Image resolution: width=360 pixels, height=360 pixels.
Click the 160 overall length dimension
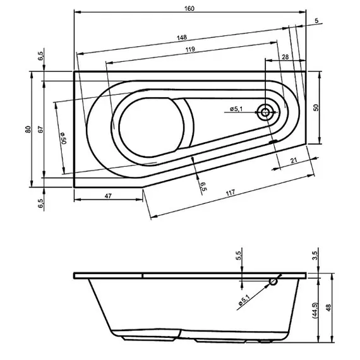pyautogui.click(x=189, y=8)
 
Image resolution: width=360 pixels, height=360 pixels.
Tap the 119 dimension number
pyautogui.click(x=189, y=49)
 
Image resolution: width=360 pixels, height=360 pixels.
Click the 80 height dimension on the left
pyautogui.click(x=27, y=129)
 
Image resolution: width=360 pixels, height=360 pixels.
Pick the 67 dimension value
pyautogui.click(x=39, y=129)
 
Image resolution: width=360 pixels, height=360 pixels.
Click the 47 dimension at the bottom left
pyautogui.click(x=107, y=196)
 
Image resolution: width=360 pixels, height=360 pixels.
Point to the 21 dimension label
pyautogui.click(x=295, y=161)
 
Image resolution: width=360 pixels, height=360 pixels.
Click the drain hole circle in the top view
pyautogui.click(x=265, y=114)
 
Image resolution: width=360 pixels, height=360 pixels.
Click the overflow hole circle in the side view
pyautogui.click(x=272, y=282)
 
